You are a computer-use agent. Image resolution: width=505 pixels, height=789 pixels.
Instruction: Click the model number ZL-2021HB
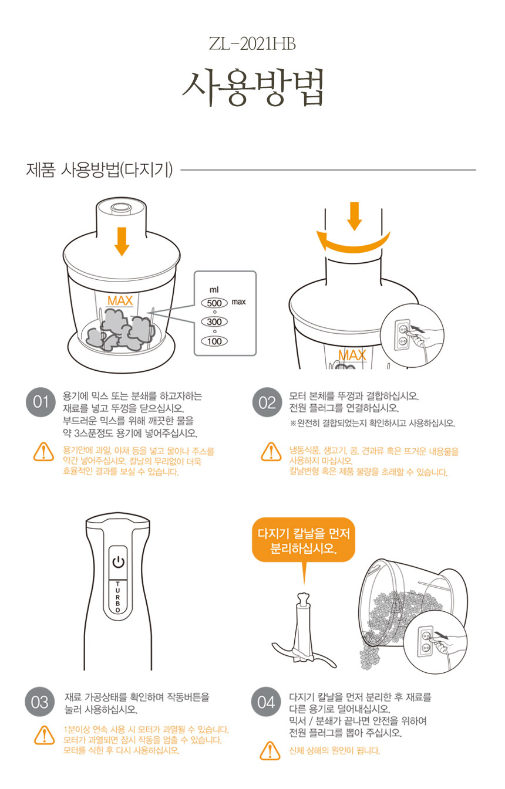coord(252,44)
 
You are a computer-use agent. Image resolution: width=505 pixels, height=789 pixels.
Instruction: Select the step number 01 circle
coord(41,402)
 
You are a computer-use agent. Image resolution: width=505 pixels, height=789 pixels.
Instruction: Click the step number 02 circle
coord(267,402)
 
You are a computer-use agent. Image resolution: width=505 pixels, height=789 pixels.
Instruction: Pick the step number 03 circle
coord(40,702)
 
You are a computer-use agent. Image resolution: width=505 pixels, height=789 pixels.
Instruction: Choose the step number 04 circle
coord(266,702)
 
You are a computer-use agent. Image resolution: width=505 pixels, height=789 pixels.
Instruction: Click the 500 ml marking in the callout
coord(214,303)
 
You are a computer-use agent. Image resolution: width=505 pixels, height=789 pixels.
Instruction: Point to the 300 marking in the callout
coord(214,321)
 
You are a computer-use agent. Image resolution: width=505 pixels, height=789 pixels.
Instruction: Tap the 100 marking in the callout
coord(214,341)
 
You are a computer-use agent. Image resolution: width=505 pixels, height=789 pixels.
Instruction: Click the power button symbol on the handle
coord(118,562)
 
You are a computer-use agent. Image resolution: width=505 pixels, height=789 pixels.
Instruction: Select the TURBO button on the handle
coord(118,597)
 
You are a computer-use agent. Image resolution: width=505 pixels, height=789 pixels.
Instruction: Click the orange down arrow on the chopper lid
coord(122,242)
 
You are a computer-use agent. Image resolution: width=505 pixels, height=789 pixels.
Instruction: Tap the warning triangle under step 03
coord(45,735)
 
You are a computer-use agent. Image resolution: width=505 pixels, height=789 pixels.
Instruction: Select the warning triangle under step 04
coord(270,751)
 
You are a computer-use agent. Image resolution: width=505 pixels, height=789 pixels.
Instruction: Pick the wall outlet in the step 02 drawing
coord(402,334)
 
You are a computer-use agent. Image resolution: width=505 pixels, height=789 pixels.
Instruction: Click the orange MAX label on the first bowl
coord(120,301)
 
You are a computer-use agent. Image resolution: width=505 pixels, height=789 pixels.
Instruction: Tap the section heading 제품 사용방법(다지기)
coord(99,170)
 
